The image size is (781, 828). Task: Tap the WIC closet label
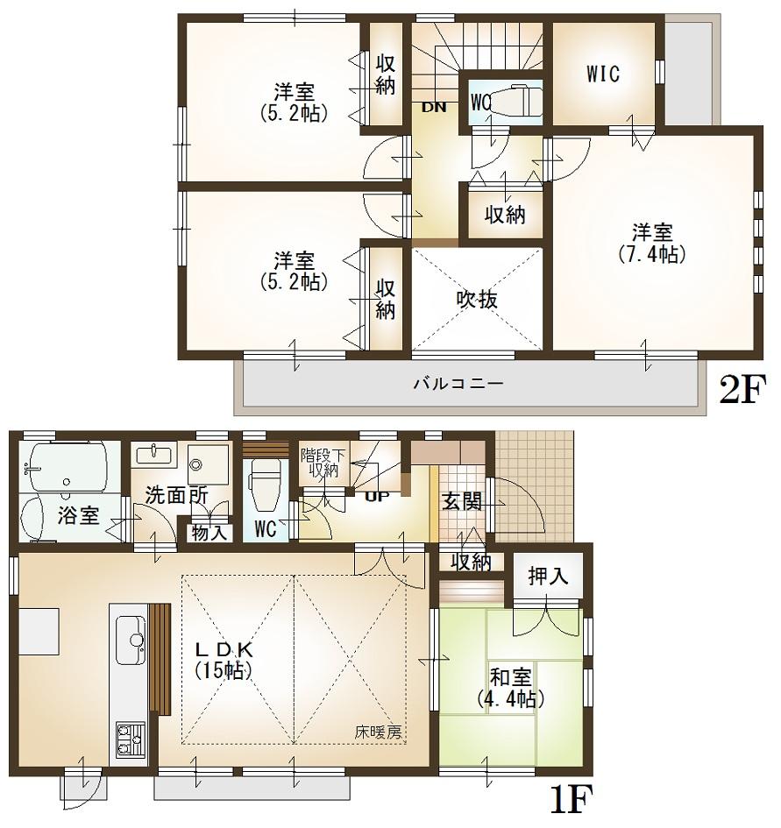(603, 74)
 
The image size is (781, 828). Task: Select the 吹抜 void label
(477, 300)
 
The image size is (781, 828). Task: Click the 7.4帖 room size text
(653, 254)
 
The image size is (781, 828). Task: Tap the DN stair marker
(434, 108)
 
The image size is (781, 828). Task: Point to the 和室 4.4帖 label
(511, 688)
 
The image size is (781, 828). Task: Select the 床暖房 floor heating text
(379, 732)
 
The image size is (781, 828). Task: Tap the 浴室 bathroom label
(78, 516)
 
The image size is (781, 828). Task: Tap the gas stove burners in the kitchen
(130, 740)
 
